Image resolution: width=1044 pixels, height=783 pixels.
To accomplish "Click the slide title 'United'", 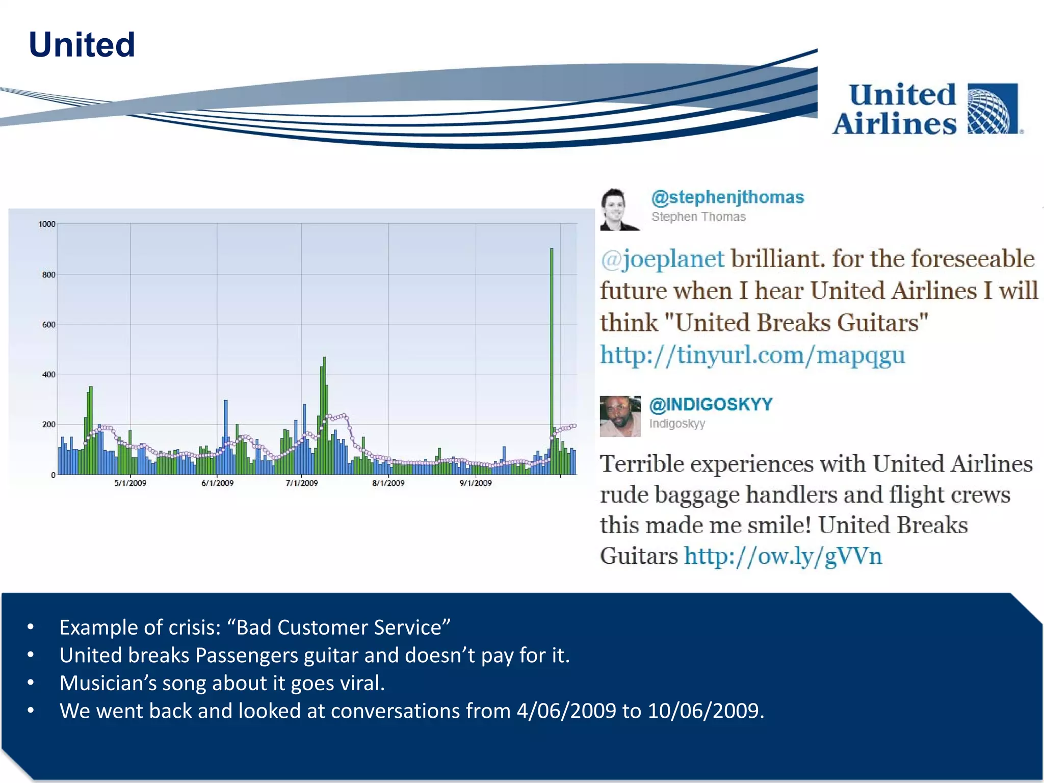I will point(82,45).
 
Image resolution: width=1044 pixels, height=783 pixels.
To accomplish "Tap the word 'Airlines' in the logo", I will point(895,124).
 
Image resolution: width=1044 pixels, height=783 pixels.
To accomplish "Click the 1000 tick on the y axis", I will point(47,224).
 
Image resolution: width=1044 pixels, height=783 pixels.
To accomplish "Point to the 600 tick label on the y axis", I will point(48,325).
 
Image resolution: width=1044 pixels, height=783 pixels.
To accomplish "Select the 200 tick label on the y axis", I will point(48,425).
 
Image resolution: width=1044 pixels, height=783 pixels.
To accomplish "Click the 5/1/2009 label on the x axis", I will point(130,483).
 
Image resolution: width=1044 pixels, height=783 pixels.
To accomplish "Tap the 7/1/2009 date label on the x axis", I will point(301,483).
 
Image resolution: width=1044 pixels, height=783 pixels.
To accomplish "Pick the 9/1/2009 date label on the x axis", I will point(476,483).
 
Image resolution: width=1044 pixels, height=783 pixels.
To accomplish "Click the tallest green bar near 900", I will point(552,357).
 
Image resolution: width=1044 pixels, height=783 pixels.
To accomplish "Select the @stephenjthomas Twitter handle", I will point(727,197).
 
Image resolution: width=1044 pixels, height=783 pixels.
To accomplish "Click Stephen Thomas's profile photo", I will point(619,210).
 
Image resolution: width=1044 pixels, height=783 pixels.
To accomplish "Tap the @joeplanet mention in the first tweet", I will point(662,259).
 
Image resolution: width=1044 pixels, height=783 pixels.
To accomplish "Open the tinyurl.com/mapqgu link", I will point(752,355).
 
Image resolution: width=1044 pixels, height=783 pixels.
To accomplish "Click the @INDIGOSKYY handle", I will point(711,404).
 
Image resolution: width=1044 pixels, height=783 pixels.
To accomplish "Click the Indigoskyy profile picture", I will point(620,416).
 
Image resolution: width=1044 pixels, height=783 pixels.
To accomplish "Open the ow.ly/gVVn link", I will point(782,556).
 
